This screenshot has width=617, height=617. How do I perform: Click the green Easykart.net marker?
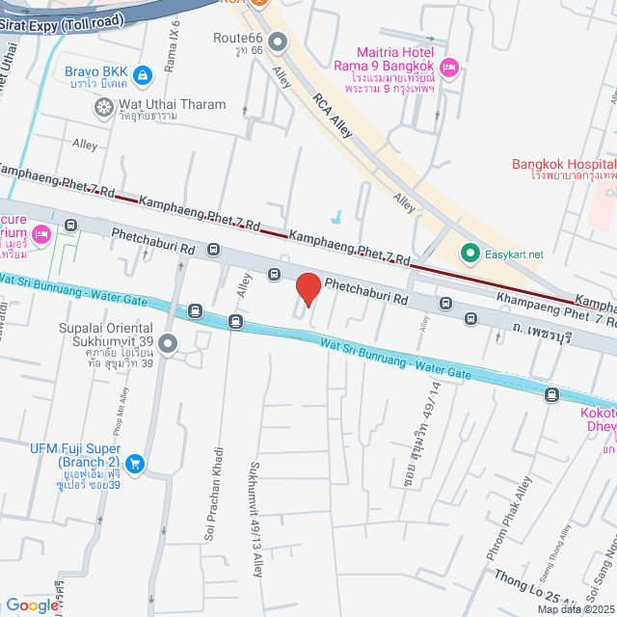point(469,254)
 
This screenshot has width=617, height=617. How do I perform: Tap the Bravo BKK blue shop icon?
point(143,73)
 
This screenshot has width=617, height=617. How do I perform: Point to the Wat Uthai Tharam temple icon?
point(103,107)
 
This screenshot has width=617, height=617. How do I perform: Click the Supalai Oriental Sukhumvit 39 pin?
point(168,343)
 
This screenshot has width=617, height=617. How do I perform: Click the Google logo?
point(32,604)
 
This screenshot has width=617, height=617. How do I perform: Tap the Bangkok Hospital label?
point(564,165)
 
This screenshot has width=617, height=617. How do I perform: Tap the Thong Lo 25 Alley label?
point(540,585)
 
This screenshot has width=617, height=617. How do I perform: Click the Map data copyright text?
point(575,609)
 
